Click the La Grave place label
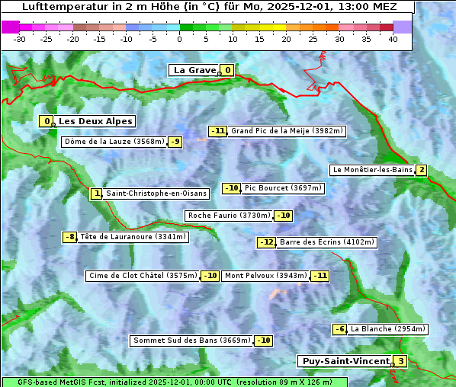(x=194, y=70)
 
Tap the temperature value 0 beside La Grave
(x=227, y=70)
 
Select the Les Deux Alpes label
(x=96, y=121)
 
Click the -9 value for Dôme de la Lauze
(x=175, y=142)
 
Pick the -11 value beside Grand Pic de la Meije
(x=218, y=131)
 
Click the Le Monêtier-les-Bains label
(x=372, y=170)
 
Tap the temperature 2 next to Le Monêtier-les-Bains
(x=421, y=170)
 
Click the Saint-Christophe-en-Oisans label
(x=156, y=193)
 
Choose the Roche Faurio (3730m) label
(x=230, y=216)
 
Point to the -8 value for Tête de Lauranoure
(x=70, y=237)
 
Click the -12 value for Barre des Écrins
(x=266, y=242)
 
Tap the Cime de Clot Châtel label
(x=143, y=276)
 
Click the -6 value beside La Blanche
(x=339, y=329)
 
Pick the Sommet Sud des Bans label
(x=191, y=341)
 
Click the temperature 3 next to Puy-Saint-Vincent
(x=400, y=361)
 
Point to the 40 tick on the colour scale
(x=393, y=39)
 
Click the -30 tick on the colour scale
(x=20, y=39)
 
